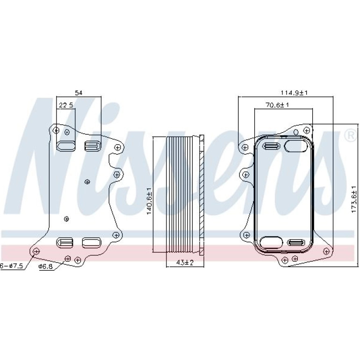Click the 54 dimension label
(x=79, y=93)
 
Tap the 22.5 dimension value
(x=66, y=105)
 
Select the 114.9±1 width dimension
(x=294, y=93)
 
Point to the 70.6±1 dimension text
(x=277, y=105)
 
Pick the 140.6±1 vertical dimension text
(x=149, y=201)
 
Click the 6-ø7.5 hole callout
(x=12, y=266)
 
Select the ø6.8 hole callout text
(x=46, y=266)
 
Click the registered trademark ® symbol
(x=350, y=136)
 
